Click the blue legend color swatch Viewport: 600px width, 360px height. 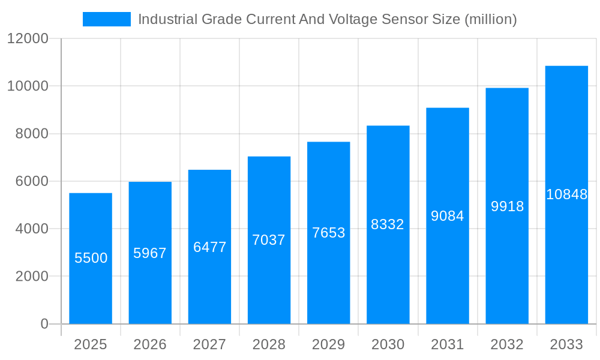coord(106,19)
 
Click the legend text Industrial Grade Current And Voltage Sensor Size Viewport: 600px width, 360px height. coord(327,19)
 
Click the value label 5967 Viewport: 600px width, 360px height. coord(150,253)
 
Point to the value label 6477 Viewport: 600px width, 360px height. coord(209,247)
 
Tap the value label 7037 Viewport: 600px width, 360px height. coord(269,240)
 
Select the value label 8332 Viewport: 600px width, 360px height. coord(388,224)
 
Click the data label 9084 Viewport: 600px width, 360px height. coord(448,216)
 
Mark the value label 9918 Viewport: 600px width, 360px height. coord(507,206)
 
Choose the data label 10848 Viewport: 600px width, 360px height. coord(566,194)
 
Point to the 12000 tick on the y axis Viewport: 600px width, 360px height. coord(28,38)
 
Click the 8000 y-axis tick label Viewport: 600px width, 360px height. coord(31,134)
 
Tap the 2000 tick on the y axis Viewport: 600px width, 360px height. coord(31,277)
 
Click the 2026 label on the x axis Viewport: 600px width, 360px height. coord(150,344)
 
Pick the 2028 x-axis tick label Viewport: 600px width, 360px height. coord(269,344)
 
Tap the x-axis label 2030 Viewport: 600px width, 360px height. coord(388,344)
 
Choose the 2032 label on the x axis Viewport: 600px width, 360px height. coord(507,344)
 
